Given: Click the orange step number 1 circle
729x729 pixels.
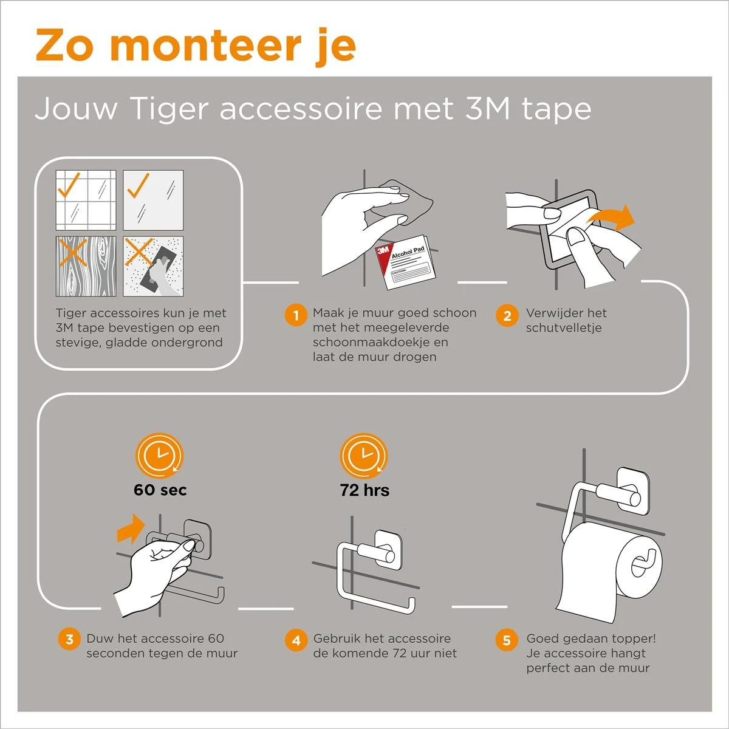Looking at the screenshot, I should [296, 316].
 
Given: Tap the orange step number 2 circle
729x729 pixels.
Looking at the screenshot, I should [507, 316].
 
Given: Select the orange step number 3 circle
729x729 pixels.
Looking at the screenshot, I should [70, 639].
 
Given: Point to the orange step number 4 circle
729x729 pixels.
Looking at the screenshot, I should [296, 640].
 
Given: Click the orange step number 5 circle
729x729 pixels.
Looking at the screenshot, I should [507, 640].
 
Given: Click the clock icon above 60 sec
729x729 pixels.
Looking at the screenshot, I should [160, 455].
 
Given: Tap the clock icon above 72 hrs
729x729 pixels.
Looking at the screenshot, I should [363, 455].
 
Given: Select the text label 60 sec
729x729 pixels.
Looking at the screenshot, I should [160, 490].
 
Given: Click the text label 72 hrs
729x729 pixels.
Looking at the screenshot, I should [364, 490].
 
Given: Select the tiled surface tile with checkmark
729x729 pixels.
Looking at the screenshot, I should [86, 200].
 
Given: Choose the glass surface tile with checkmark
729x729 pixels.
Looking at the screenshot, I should [153, 200].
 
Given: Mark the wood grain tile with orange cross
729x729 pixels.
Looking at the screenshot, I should [86, 266].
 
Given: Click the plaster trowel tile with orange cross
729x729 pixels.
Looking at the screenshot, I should [153, 266].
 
